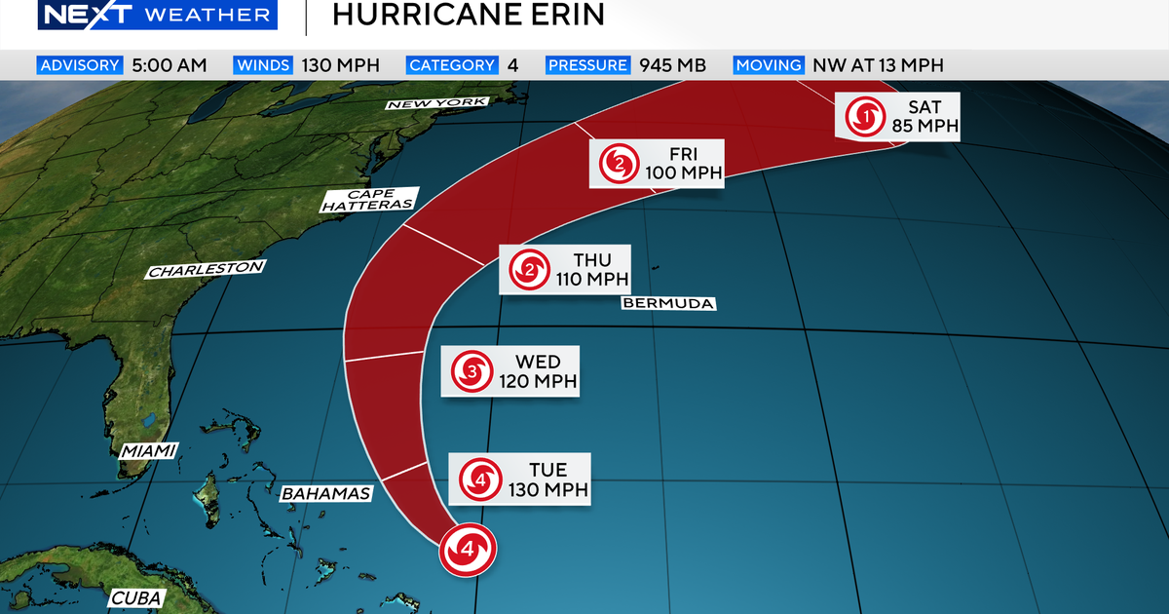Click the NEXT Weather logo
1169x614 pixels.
coord(153,15)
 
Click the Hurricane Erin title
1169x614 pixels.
coord(468,15)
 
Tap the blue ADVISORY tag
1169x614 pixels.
coord(80,65)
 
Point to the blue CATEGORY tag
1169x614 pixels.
coord(453,65)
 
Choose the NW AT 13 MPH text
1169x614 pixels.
coord(878,65)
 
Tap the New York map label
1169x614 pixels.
coord(435,103)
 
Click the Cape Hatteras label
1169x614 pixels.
coord(368,199)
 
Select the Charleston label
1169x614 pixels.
coord(206,269)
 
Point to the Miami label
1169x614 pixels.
coord(148,450)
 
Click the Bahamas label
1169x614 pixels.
coord(326,493)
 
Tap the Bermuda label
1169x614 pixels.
coord(667,304)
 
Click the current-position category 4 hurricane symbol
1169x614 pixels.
coord(468,550)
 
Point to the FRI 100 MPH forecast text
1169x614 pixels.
coord(683,164)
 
